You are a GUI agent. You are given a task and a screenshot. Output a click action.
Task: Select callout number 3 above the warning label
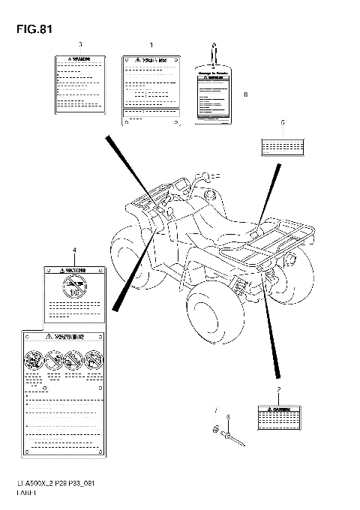80,44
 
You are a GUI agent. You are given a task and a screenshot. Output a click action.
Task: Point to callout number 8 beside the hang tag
245,94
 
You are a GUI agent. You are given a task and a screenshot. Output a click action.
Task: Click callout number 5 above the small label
282,121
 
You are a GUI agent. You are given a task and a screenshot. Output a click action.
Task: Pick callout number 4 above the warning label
74,249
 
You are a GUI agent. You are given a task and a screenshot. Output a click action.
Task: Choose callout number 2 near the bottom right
278,390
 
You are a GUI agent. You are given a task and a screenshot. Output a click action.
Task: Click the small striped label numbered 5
282,144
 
